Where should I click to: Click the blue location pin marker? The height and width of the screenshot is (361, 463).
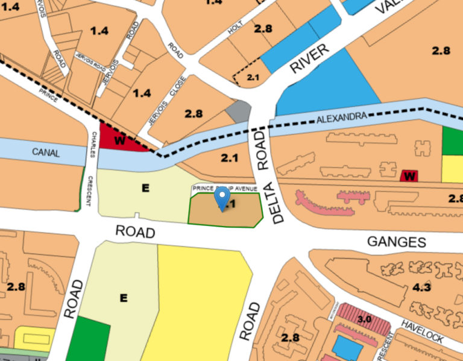click(x=222, y=198)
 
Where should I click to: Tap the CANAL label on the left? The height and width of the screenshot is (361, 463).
click(x=46, y=152)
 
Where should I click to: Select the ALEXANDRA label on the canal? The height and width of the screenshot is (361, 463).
click(x=341, y=121)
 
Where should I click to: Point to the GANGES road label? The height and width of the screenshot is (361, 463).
click(x=397, y=242)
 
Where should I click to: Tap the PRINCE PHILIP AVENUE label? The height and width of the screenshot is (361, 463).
click(x=225, y=189)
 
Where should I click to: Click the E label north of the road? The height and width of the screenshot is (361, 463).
click(x=145, y=188)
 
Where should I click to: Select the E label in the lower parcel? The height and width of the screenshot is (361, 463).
click(x=124, y=297)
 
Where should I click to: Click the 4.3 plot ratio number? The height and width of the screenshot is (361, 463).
click(x=421, y=287)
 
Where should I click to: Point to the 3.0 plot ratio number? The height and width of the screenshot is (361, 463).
click(x=364, y=318)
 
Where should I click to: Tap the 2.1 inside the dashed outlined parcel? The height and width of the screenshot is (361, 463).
click(x=253, y=77)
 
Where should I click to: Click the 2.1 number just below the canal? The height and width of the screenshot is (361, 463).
click(x=230, y=159)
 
